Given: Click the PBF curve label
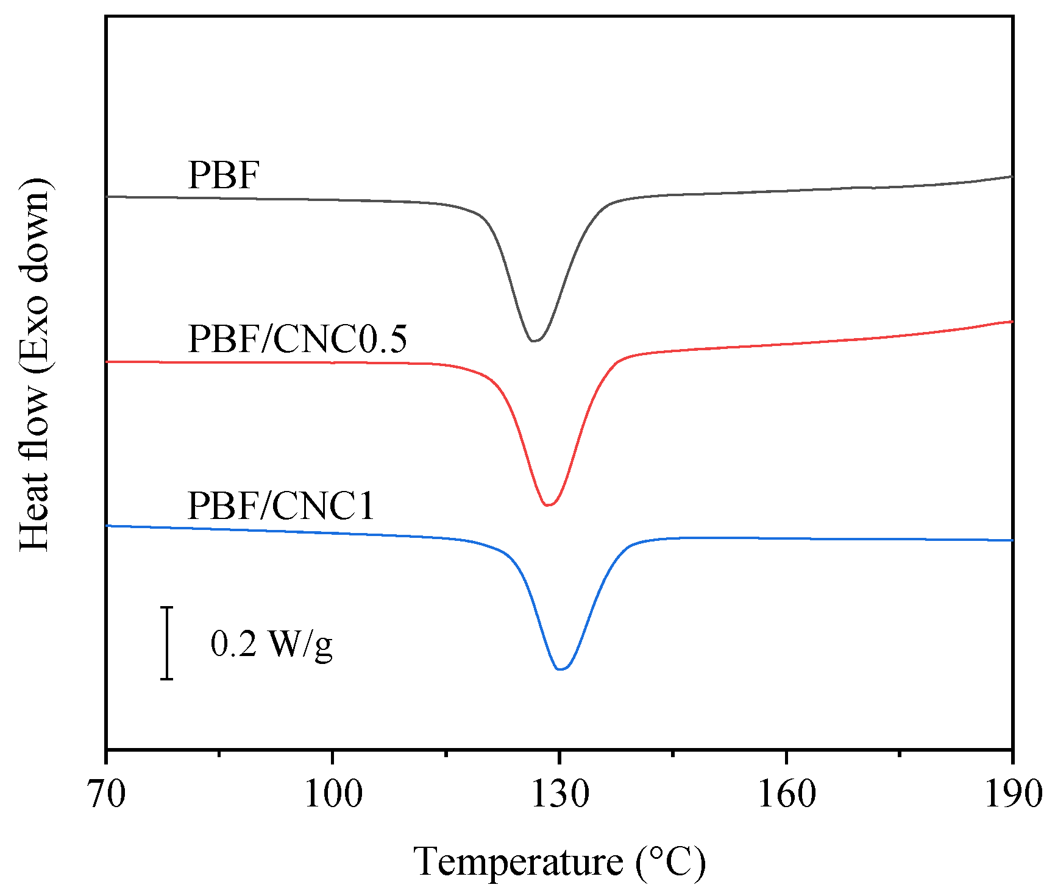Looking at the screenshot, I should tap(224, 175).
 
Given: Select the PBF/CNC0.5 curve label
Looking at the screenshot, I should tap(297, 339).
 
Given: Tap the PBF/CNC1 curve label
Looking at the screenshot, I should tap(280, 506).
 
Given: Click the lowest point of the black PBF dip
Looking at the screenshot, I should tap(534, 341).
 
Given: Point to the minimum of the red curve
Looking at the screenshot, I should tap(547, 505).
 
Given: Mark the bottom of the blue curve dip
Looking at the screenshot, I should tap(561, 669).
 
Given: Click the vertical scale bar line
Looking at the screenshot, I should tap(166, 643).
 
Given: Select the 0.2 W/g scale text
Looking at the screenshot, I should tap(271, 644).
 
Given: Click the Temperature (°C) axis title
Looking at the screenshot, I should tap(559, 862).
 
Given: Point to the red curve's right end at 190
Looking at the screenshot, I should tap(1012, 321).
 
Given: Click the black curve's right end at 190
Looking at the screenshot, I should tap(1012, 177).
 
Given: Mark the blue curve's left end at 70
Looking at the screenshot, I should tap(108, 525).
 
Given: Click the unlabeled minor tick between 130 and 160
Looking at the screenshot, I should tap(673, 754).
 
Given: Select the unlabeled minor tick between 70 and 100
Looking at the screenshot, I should tap(219, 754).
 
